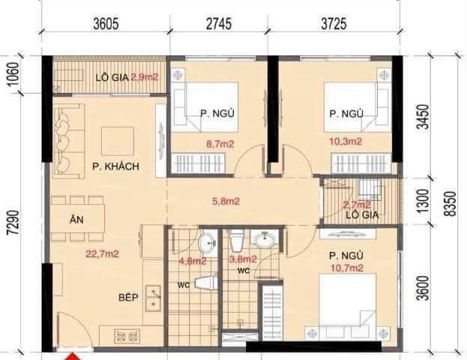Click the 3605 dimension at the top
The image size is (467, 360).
point(106,24)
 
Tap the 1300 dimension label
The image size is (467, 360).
point(424,200)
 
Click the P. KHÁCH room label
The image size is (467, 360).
point(115,166)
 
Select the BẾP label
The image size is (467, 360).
point(129,297)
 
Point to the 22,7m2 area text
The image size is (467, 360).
point(102,254)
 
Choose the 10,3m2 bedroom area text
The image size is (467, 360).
point(346,140)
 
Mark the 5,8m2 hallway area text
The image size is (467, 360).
point(225,201)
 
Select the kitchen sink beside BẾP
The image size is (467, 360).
point(154,298)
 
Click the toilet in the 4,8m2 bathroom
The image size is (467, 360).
point(205,283)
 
